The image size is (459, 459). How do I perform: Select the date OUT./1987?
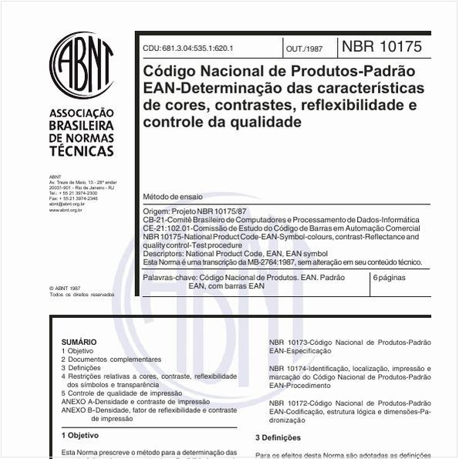pos(304,48)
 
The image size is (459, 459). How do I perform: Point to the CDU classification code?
pos(187,48)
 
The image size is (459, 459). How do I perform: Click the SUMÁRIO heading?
pos(79,342)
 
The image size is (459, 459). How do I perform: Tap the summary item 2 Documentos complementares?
pos(111,359)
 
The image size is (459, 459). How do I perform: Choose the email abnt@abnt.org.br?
pos(66,204)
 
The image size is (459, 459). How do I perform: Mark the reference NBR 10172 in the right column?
pos(288,403)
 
